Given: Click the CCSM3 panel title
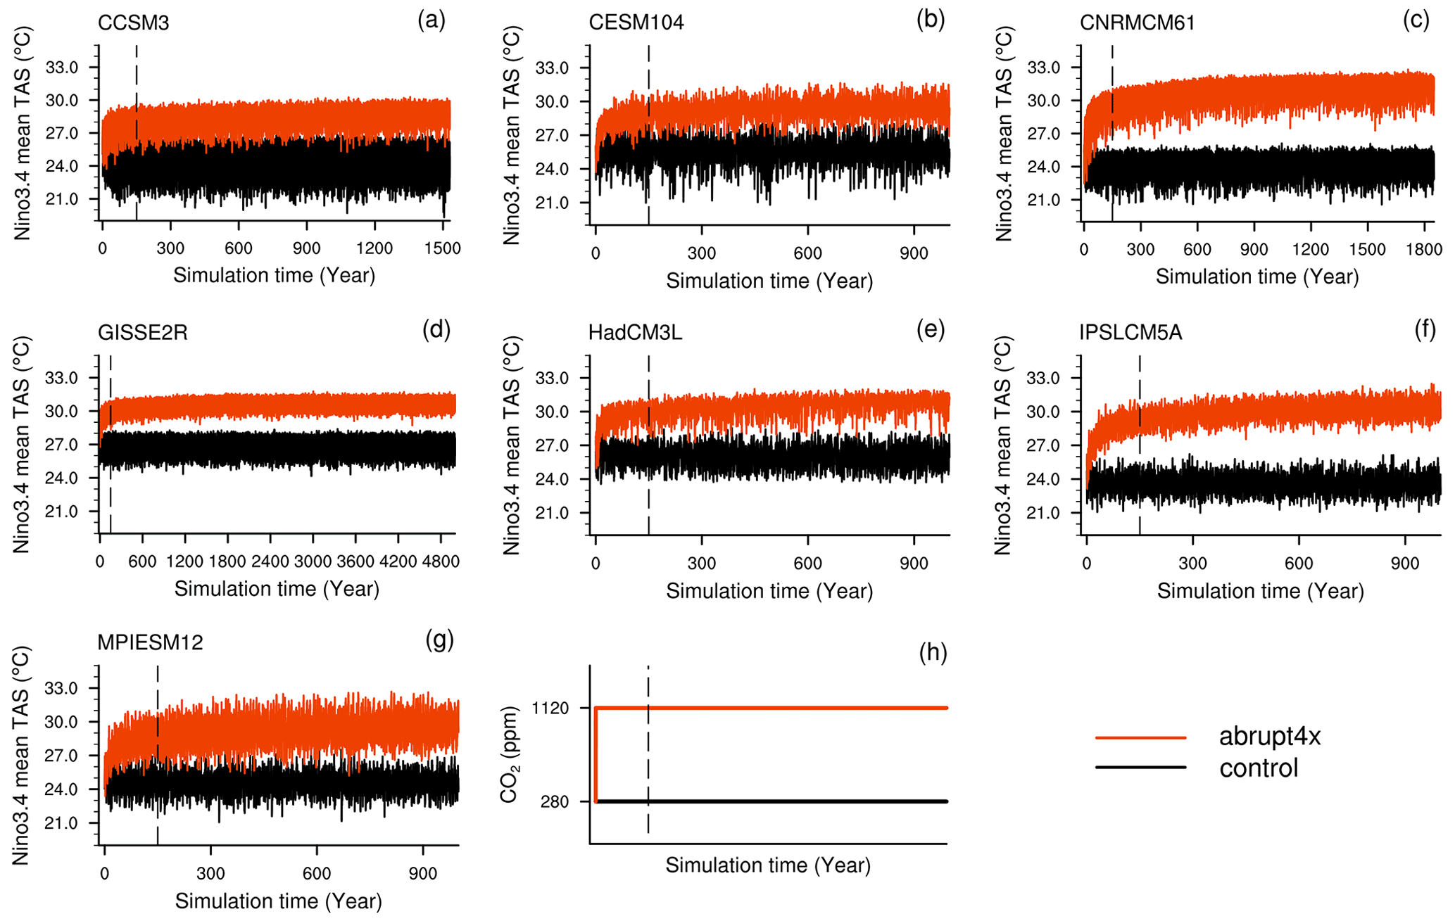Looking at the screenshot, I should click(x=134, y=23).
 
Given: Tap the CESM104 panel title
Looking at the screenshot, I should click(x=636, y=23).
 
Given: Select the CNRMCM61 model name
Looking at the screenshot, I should click(x=1138, y=23).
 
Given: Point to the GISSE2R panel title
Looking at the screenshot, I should click(x=143, y=333).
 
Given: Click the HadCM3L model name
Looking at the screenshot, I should click(x=636, y=333).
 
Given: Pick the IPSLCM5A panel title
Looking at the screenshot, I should click(x=1130, y=333).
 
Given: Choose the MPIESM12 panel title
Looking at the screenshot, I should click(x=151, y=642).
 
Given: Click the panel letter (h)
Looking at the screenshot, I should click(x=933, y=653).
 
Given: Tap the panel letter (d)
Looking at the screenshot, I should click(x=436, y=329).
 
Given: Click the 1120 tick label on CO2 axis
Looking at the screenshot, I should click(x=550, y=709).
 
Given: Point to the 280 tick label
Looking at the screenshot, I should click(x=556, y=802).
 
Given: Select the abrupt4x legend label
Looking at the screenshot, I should click(x=1270, y=737).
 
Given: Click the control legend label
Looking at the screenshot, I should click(x=1259, y=768).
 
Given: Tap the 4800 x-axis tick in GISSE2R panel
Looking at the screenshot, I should click(x=441, y=561).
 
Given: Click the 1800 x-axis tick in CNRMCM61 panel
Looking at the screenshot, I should click(x=1424, y=250).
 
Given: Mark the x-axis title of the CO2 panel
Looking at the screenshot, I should click(x=768, y=865).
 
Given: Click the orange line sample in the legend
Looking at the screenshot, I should click(x=1140, y=737).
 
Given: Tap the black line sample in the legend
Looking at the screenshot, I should click(x=1140, y=768).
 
